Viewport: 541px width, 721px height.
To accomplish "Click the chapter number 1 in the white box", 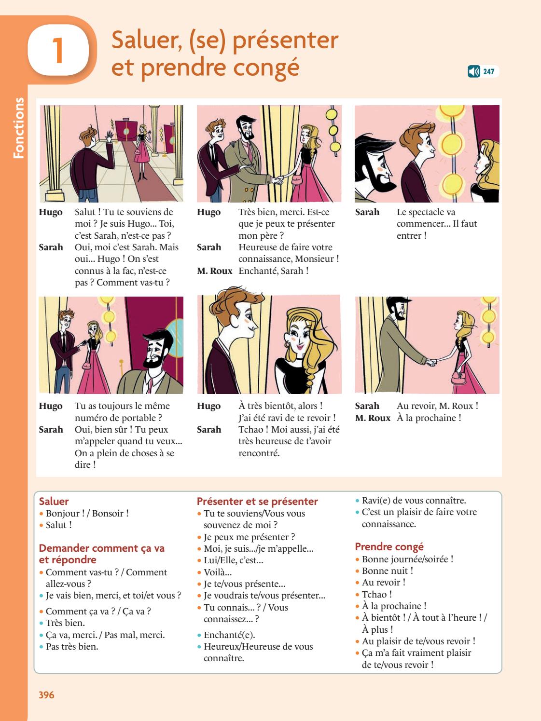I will tap(58, 51).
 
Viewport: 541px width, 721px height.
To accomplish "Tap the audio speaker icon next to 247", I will tap(473, 72).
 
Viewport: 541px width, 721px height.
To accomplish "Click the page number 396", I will tap(46, 695).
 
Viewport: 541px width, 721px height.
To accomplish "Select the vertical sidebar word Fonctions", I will tap(18, 128).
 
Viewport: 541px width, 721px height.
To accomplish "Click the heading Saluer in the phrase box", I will tap(54, 502).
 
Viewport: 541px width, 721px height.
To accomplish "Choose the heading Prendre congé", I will tap(389, 546).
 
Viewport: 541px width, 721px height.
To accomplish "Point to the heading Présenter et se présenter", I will tap(257, 502).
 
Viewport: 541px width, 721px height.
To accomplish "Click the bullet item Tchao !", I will tap(376, 595).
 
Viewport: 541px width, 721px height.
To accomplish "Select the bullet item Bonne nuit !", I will tap(387, 571).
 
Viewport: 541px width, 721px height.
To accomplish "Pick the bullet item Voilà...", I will tap(217, 572).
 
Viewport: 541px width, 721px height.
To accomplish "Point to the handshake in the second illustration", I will tap(278, 180).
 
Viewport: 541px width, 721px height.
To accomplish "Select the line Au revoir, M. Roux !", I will tap(437, 406).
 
